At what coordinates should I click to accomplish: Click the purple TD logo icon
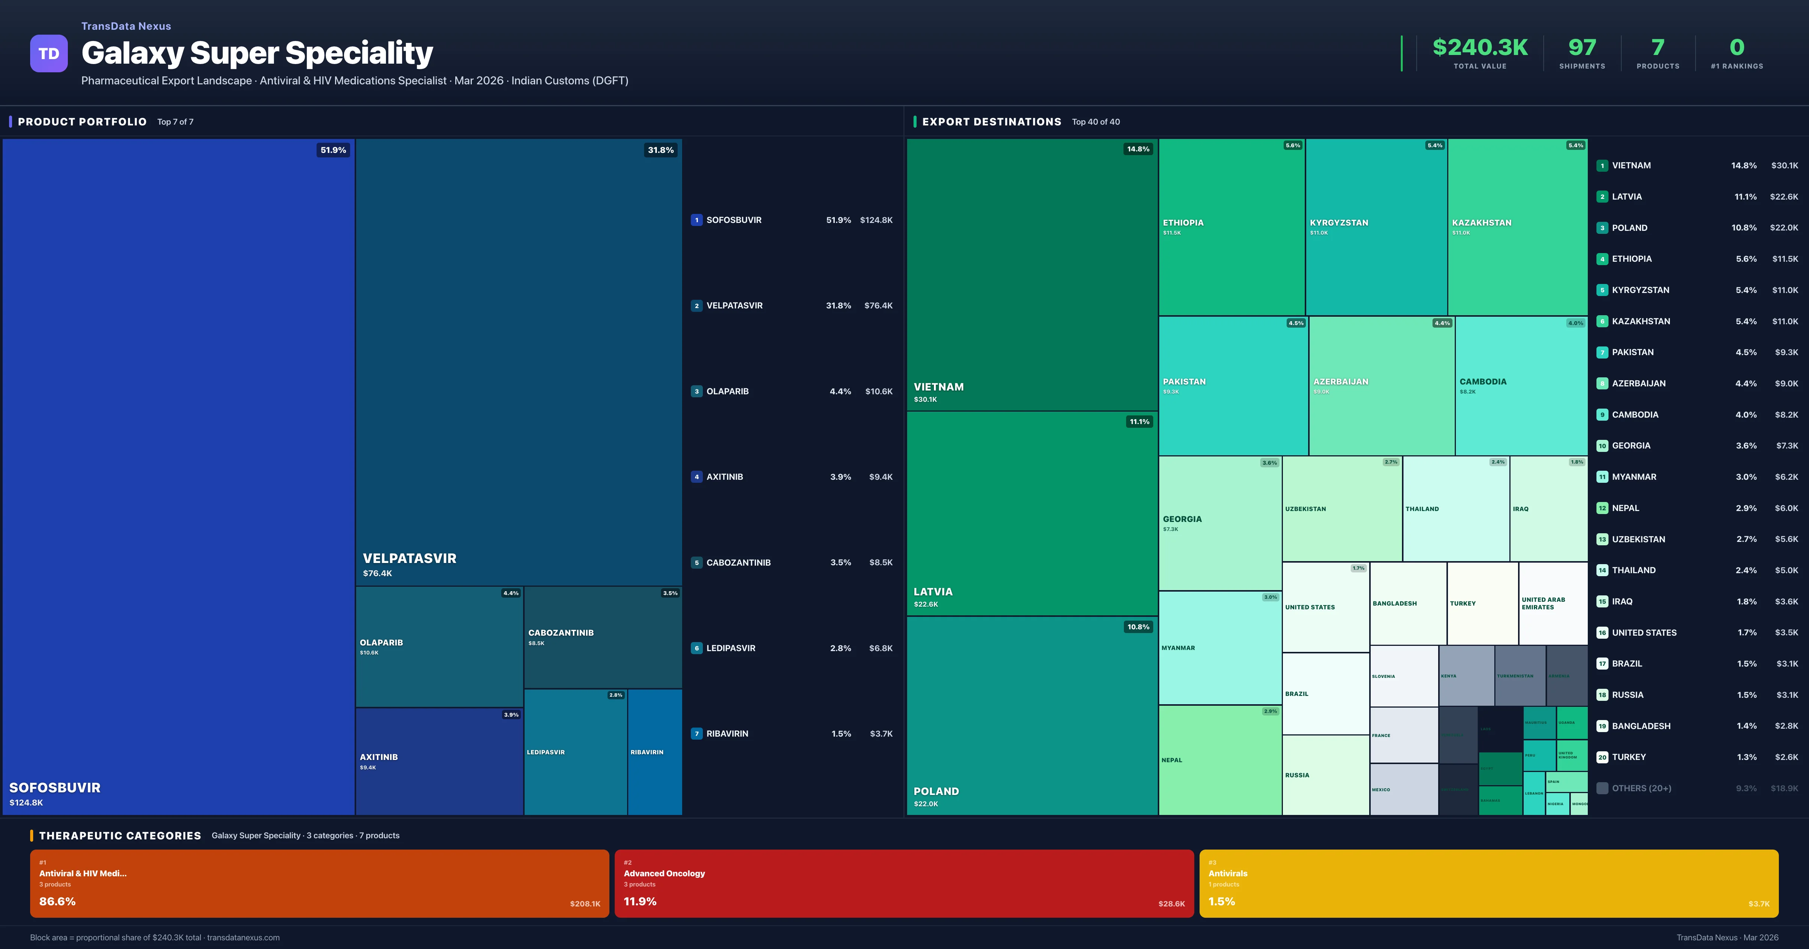(x=49, y=53)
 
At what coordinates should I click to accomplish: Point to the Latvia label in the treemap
(x=933, y=592)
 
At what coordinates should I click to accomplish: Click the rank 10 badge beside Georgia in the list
(x=1602, y=446)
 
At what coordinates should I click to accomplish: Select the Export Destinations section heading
(x=991, y=121)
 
